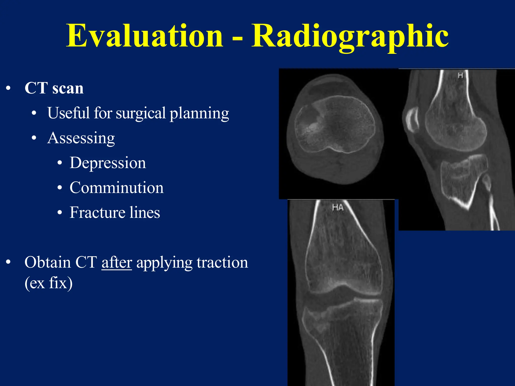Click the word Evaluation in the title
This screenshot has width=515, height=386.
(144, 36)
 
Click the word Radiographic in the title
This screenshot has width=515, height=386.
(350, 36)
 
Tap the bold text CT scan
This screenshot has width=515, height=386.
(54, 88)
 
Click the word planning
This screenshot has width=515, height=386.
(199, 113)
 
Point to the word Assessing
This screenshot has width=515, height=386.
(81, 138)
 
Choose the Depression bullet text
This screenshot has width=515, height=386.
(108, 163)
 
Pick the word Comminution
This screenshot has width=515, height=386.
(116, 188)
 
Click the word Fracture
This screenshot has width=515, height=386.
(97, 213)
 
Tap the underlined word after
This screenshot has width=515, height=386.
(117, 263)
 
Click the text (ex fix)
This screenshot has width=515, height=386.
(49, 283)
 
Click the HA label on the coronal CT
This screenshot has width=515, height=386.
(337, 208)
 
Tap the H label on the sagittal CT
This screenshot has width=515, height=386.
(460, 75)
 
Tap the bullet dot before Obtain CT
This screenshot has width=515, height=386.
(9, 262)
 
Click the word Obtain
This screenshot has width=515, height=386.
(48, 263)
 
